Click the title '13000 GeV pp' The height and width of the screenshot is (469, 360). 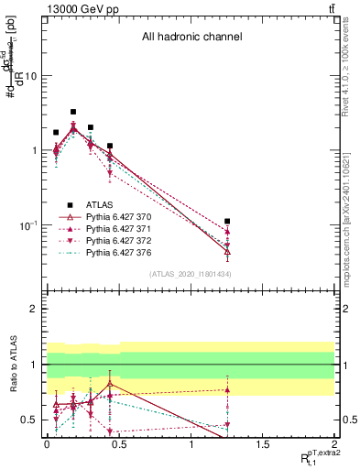coord(80,8)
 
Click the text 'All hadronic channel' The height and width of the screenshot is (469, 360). coord(191,38)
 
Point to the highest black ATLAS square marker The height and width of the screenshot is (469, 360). coord(73,112)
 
